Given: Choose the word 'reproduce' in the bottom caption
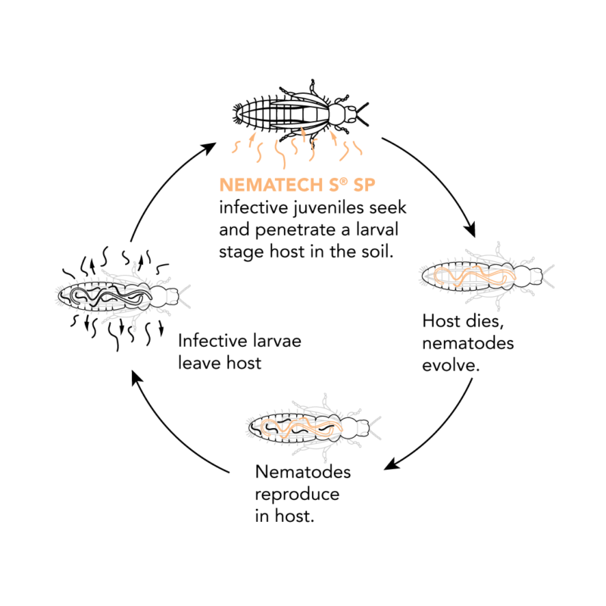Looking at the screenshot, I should click(x=297, y=495).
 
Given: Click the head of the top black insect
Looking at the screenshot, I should click(x=351, y=113).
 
